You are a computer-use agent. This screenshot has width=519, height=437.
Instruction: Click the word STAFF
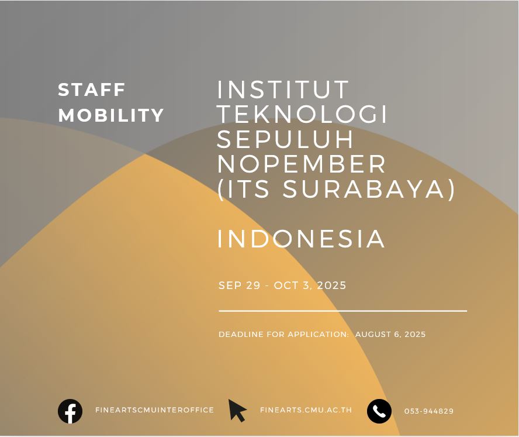coord(92,90)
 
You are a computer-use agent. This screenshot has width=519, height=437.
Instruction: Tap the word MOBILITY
coord(111,115)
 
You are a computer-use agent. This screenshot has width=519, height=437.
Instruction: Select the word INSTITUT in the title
coord(283,90)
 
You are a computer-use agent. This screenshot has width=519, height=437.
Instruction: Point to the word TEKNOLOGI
coord(302,114)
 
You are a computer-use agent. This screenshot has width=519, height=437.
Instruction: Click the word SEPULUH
coord(285,139)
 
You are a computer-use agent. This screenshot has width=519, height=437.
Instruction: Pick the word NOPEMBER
coord(302,164)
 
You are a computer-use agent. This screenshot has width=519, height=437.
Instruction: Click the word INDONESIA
coord(301,239)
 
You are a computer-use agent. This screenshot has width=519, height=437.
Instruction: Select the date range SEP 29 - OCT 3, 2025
coord(282,285)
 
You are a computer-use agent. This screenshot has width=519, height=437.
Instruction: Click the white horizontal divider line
coord(342,311)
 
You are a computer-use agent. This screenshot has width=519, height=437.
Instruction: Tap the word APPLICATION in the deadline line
coord(318,334)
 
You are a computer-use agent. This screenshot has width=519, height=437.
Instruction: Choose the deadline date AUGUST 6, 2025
coord(390,334)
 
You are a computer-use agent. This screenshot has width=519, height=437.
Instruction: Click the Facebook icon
coord(70,411)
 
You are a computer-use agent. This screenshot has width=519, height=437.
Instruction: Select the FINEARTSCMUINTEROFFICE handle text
coord(154,410)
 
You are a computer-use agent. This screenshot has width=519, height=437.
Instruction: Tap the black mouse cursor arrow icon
coord(237,410)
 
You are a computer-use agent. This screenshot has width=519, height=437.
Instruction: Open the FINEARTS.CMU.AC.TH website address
coord(306,410)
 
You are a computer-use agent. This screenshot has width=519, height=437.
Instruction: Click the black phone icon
coord(379,411)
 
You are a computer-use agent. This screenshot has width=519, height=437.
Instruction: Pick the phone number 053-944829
coord(429,411)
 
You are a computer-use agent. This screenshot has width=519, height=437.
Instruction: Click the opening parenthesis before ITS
coord(220,190)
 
